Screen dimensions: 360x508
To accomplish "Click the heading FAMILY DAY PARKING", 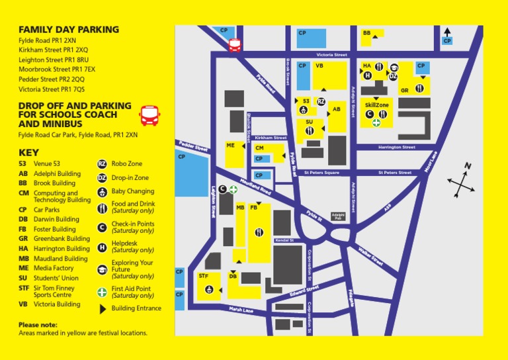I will click(x=69, y=30).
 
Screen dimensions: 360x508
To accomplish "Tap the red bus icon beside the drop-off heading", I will click(x=148, y=116).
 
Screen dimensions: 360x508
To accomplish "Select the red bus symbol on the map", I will click(x=235, y=44).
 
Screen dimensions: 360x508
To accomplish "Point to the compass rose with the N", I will click(x=461, y=179).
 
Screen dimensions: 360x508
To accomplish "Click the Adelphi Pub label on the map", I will click(x=338, y=216).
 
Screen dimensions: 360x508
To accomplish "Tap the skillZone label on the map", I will click(x=377, y=105).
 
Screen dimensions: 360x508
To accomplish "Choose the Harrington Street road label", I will click(x=396, y=147).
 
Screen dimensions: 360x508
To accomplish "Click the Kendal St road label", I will click(x=283, y=240).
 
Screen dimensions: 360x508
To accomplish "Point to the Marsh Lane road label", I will click(x=241, y=310).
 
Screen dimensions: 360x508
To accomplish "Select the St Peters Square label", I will click(x=321, y=173).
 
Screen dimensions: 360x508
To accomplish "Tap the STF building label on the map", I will click(x=204, y=275).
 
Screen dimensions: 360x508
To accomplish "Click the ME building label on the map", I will click(x=230, y=145).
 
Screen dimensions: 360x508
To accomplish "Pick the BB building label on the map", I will click(x=366, y=32).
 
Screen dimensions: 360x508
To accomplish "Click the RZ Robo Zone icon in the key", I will click(x=102, y=163).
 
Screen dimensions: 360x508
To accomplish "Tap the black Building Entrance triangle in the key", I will click(x=102, y=308).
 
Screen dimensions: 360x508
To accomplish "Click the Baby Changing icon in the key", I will click(x=102, y=192).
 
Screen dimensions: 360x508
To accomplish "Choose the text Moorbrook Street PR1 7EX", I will click(x=57, y=69).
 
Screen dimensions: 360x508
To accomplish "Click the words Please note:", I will click(x=38, y=325).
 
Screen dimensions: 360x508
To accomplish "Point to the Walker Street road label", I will click(x=370, y=256).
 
